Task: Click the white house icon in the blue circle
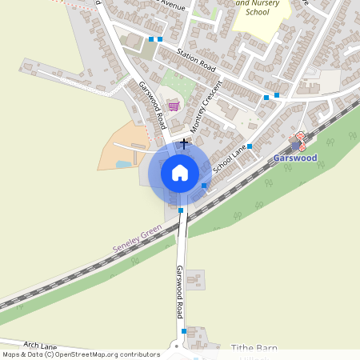pos(180,172)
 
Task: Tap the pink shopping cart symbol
pos(174,105)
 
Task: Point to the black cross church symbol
pos(185,143)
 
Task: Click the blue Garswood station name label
pos(295,158)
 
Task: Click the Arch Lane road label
pos(40,345)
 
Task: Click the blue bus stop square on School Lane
pos(250,146)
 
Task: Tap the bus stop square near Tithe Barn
pos(184,330)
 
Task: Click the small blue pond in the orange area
pos(122,164)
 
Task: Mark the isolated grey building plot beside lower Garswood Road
pos(194,280)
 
